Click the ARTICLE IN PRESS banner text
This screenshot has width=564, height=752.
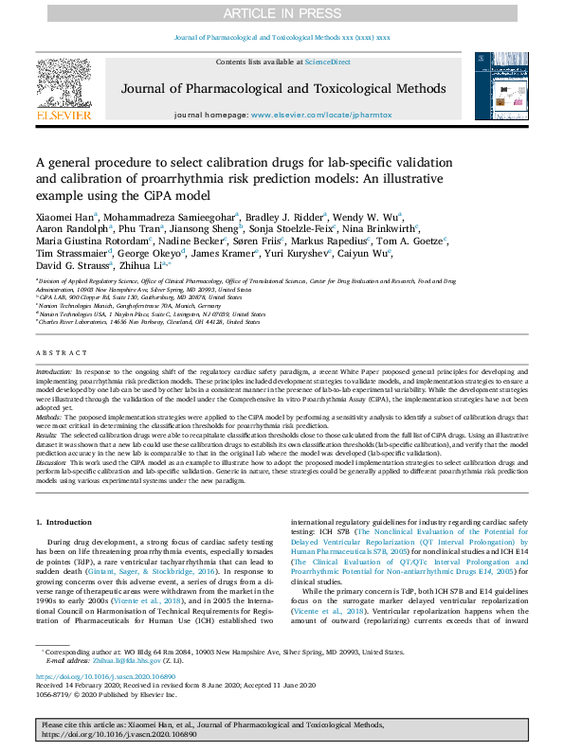point(282,13)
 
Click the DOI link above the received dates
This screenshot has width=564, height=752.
point(99,677)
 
